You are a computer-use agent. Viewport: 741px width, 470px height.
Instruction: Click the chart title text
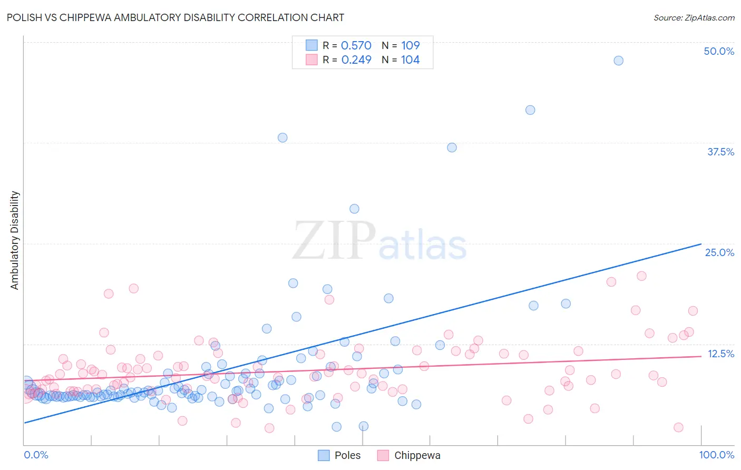pyautogui.click(x=175, y=17)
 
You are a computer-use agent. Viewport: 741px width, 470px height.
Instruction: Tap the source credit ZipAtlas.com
pyautogui.click(x=694, y=17)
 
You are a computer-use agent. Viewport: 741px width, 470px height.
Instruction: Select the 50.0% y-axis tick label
pyautogui.click(x=719, y=51)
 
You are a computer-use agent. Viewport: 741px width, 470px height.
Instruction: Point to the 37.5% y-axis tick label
pyautogui.click(x=720, y=152)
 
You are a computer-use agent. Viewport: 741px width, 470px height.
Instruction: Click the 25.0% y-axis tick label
pyautogui.click(x=719, y=252)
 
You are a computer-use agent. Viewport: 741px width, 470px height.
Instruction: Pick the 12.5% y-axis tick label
pyautogui.click(x=720, y=354)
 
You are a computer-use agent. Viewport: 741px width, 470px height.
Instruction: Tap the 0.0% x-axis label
pyautogui.click(x=36, y=455)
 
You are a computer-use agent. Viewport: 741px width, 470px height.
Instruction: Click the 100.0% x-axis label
pyautogui.click(x=716, y=455)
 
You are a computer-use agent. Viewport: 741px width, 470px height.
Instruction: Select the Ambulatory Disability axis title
pyautogui.click(x=15, y=240)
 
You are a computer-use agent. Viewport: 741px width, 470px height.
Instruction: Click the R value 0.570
pyautogui.click(x=356, y=46)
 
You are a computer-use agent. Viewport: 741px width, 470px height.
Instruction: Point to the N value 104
pyautogui.click(x=410, y=60)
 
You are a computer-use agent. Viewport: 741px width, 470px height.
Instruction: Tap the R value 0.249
pyautogui.click(x=356, y=60)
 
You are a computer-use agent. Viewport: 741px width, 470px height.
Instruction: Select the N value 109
pyautogui.click(x=410, y=46)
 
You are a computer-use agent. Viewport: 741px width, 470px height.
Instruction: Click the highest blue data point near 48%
pyautogui.click(x=618, y=61)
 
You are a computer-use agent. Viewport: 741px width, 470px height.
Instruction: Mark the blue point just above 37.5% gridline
pyautogui.click(x=282, y=138)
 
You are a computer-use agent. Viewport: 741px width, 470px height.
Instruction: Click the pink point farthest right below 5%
pyautogui.click(x=678, y=427)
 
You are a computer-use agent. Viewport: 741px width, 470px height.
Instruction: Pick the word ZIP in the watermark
pyautogui.click(x=334, y=241)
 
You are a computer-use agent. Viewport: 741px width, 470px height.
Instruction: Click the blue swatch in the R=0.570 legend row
pyautogui.click(x=311, y=45)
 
